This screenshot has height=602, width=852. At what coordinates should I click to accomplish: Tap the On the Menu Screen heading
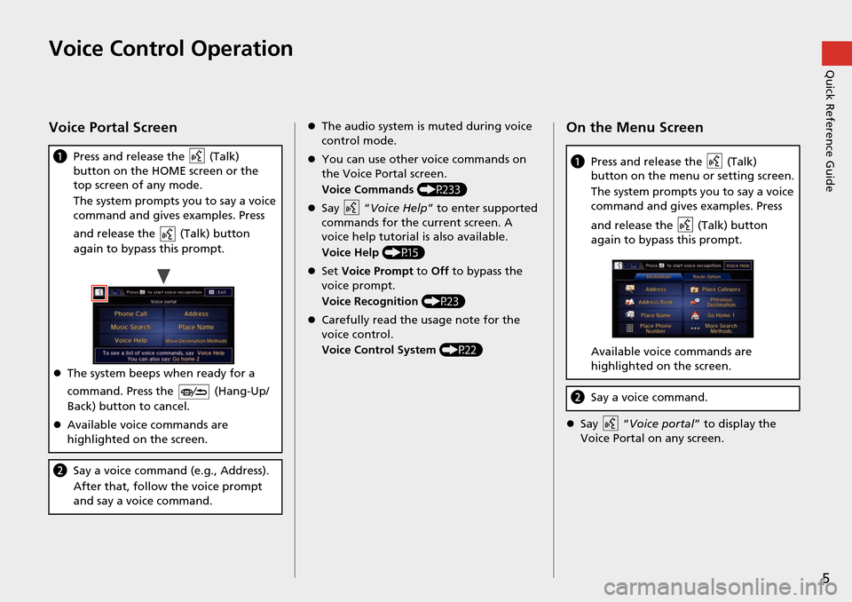click(635, 128)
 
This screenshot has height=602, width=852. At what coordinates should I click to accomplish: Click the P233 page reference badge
click(441, 189)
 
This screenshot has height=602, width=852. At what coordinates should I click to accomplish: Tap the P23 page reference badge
click(443, 301)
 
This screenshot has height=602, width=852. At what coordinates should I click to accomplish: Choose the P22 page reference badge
click(461, 349)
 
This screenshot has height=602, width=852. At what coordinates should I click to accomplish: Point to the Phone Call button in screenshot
click(131, 313)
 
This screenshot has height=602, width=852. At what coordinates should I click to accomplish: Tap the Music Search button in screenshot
click(131, 327)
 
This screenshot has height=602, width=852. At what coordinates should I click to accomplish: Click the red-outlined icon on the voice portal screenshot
click(100, 292)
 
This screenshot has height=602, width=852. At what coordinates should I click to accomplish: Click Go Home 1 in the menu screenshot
click(721, 315)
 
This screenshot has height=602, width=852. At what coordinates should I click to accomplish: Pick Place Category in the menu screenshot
click(721, 289)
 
